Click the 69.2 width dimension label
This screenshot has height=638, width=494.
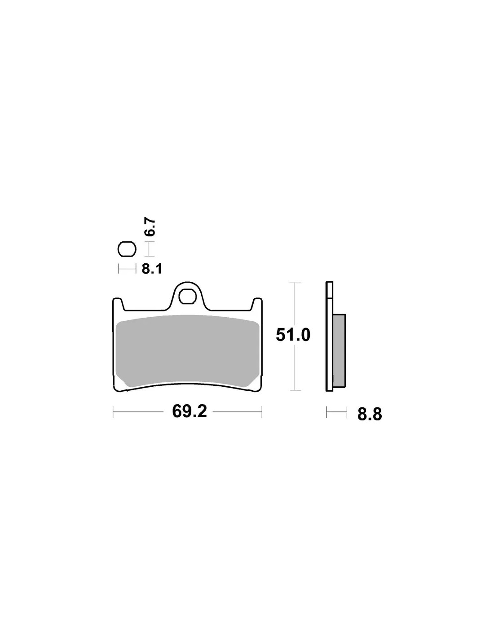190,412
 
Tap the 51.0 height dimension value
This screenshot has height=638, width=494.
293,335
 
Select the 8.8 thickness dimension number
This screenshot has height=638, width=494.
370,414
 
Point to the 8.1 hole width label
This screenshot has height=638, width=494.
152,269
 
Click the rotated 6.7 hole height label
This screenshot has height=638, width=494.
151,227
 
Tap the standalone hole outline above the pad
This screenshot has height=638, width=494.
127,250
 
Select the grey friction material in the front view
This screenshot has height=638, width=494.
187,351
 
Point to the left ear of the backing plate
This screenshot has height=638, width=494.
118,304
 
